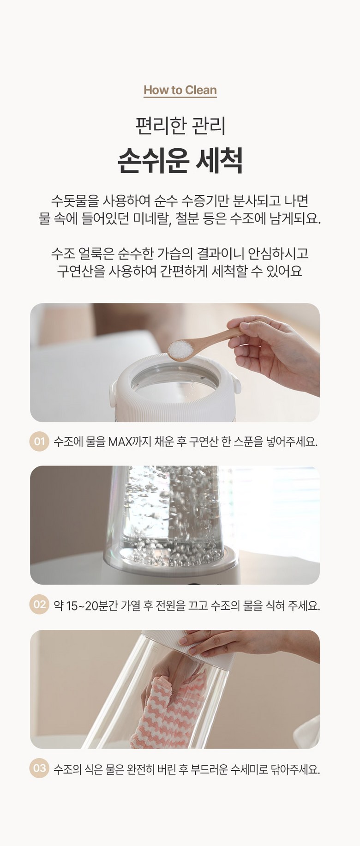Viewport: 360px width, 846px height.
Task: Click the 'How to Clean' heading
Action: click(180, 90)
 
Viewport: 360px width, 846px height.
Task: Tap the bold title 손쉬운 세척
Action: click(180, 160)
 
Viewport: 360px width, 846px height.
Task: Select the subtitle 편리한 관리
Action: click(180, 126)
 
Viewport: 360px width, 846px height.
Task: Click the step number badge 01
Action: click(39, 441)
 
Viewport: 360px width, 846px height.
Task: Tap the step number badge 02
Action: click(39, 604)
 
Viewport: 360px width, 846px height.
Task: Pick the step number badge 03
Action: click(39, 768)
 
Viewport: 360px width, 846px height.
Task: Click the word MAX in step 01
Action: click(120, 442)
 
